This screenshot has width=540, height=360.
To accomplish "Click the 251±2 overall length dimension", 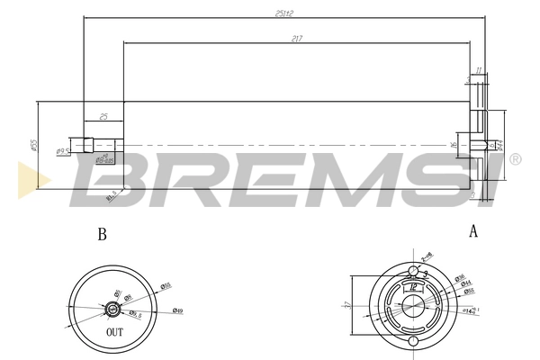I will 287,13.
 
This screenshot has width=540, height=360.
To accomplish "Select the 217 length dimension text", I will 296,38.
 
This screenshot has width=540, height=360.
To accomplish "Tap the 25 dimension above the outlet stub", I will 104,116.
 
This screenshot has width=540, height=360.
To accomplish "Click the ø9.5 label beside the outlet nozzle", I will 63,151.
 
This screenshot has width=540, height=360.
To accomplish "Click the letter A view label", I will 472,230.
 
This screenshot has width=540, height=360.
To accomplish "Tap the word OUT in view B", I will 114,331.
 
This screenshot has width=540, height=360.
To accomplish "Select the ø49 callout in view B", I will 178,311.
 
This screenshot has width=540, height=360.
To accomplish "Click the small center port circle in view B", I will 112,309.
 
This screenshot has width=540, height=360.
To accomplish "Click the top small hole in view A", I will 413,271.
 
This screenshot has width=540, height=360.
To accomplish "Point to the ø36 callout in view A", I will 459,277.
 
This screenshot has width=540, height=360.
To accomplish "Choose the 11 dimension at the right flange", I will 479,69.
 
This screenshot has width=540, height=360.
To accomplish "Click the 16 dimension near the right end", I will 454,143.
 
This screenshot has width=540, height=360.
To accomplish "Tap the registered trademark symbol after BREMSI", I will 515,159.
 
